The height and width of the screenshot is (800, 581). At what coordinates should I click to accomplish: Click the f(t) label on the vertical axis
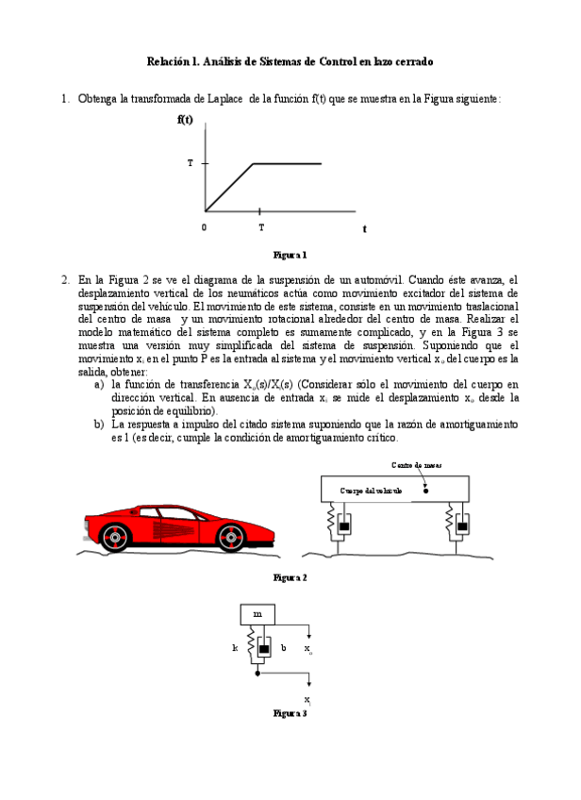point(185,120)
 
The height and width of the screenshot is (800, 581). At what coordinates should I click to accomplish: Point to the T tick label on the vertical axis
point(190,164)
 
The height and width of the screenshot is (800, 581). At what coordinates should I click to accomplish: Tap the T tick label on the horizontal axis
point(261,227)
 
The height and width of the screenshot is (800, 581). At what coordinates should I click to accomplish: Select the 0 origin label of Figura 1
point(204,227)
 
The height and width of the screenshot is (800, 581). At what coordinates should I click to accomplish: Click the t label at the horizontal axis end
point(364,228)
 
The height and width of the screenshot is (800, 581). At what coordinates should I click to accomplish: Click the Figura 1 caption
point(290,255)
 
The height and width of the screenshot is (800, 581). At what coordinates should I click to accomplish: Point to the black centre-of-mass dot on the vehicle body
point(426,491)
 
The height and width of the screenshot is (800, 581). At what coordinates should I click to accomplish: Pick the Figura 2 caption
point(290,576)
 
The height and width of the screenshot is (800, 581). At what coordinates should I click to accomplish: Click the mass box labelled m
point(257,614)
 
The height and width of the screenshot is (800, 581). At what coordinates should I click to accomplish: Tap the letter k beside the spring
point(235,649)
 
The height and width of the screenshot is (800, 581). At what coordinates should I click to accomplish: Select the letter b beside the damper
point(283,649)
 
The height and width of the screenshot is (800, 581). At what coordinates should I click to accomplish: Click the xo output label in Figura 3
point(308,650)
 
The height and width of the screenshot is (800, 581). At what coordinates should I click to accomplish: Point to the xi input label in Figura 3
point(308,699)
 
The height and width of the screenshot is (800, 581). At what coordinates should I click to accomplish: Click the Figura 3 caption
point(290,714)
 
